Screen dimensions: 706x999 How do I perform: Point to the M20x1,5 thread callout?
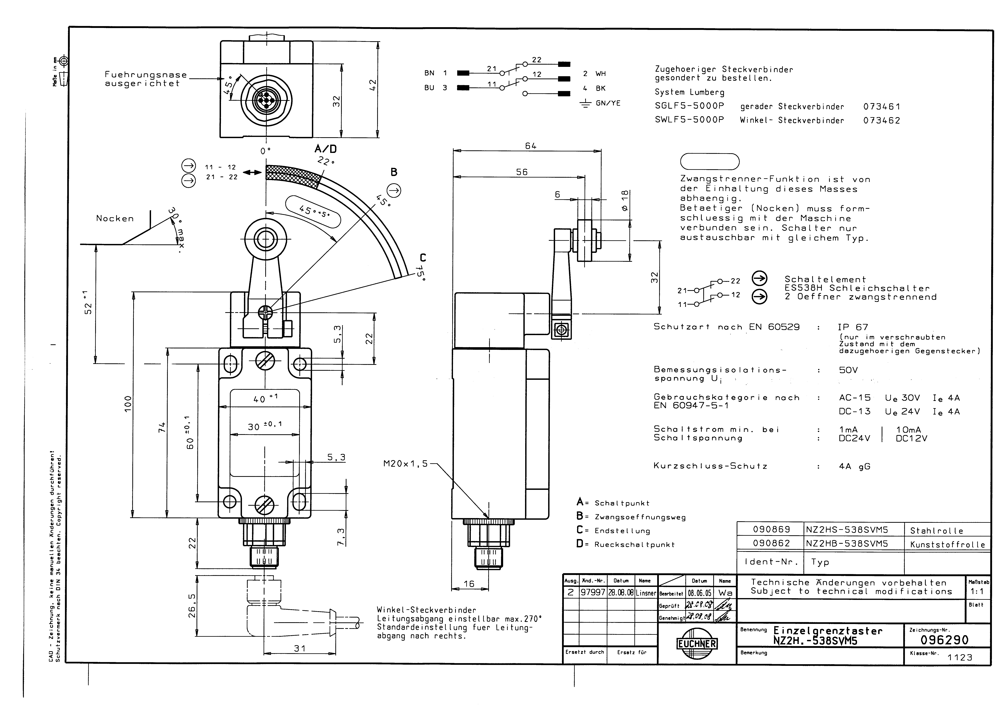(x=406, y=464)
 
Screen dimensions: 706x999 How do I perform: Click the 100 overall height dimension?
(x=127, y=404)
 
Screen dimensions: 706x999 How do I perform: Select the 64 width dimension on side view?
(x=530, y=146)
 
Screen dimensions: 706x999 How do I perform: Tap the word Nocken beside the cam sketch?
(x=115, y=219)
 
